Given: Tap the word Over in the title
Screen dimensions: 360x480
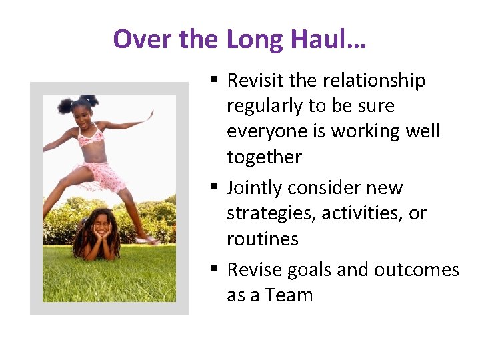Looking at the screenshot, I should coord(142,40).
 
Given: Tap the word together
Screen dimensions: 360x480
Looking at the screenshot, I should coord(264,157).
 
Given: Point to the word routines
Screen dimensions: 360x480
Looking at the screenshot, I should coord(263,239).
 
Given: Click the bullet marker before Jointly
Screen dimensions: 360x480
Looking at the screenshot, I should coord(213,188).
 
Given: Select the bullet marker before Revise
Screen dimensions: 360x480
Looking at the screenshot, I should coord(213,270).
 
